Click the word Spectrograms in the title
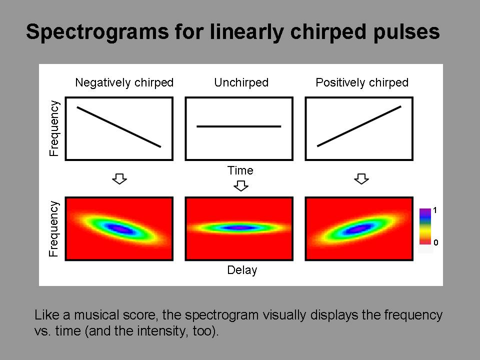click(97, 32)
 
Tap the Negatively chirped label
click(124, 82)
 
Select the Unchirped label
click(241, 82)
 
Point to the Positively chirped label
click(362, 82)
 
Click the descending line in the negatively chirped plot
click(119, 127)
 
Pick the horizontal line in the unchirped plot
click(239, 126)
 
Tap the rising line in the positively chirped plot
click(359, 126)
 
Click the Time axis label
click(240, 170)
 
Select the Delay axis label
click(242, 270)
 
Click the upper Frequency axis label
click(54, 128)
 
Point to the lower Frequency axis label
click(54, 228)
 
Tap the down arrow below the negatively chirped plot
click(119, 179)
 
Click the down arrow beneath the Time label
click(241, 186)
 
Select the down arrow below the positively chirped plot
click(361, 179)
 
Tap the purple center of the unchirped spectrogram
click(239, 228)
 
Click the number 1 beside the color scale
click(435, 210)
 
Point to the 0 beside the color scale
click(435, 242)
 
